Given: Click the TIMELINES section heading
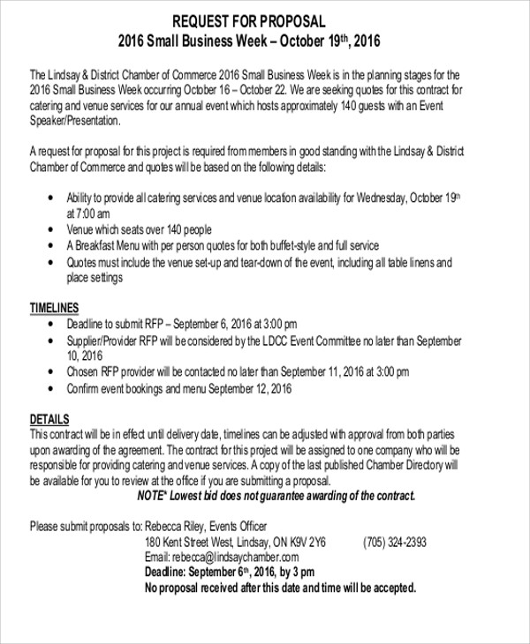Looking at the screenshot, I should [55, 308].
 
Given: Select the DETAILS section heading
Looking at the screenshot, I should [49, 418].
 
